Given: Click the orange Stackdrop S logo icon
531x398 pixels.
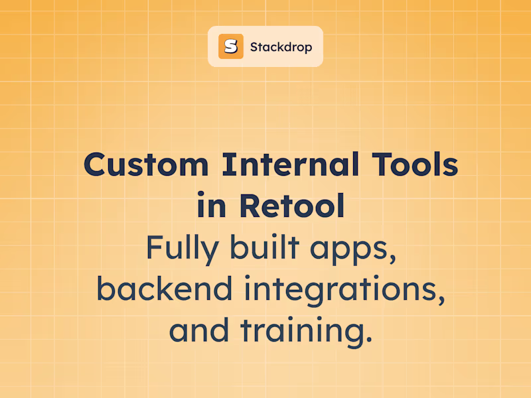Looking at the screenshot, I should (231, 46).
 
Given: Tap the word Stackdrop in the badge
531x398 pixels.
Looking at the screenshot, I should (281, 47).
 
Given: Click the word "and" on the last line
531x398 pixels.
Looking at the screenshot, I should (193, 330).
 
